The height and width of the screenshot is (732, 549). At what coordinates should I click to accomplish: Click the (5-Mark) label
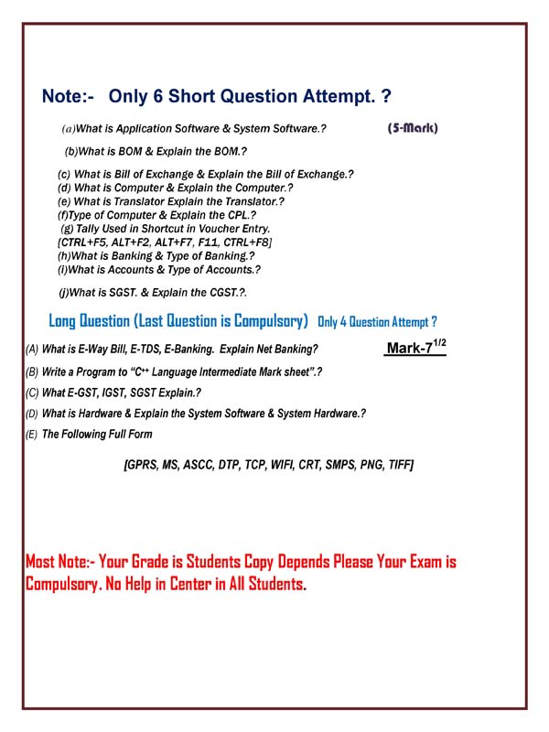413,128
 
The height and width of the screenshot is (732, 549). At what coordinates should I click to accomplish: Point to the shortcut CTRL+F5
83,242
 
